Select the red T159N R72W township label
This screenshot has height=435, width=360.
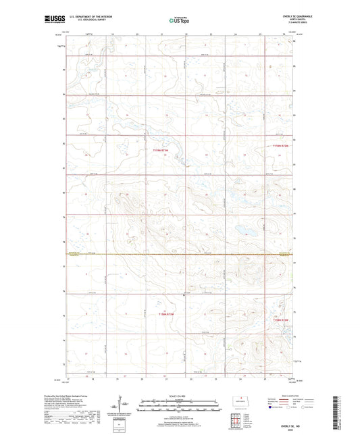click(280, 145)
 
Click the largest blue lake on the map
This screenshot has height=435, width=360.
click(241, 232)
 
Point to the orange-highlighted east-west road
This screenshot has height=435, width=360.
click(178, 254)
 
